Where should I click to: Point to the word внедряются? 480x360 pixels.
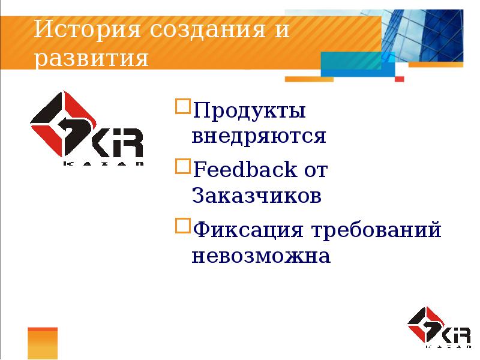click(259, 137)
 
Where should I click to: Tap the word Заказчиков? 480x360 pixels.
click(257, 196)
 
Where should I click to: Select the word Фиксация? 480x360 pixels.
click(249, 230)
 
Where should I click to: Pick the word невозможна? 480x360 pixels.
click(261, 256)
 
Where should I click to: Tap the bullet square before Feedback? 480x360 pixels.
click(181, 166)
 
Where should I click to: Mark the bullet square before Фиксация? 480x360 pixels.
click(181, 226)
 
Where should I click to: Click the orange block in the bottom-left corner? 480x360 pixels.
click(42, 343)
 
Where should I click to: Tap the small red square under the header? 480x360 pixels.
click(400, 79)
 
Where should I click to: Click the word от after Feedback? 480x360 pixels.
click(315, 170)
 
